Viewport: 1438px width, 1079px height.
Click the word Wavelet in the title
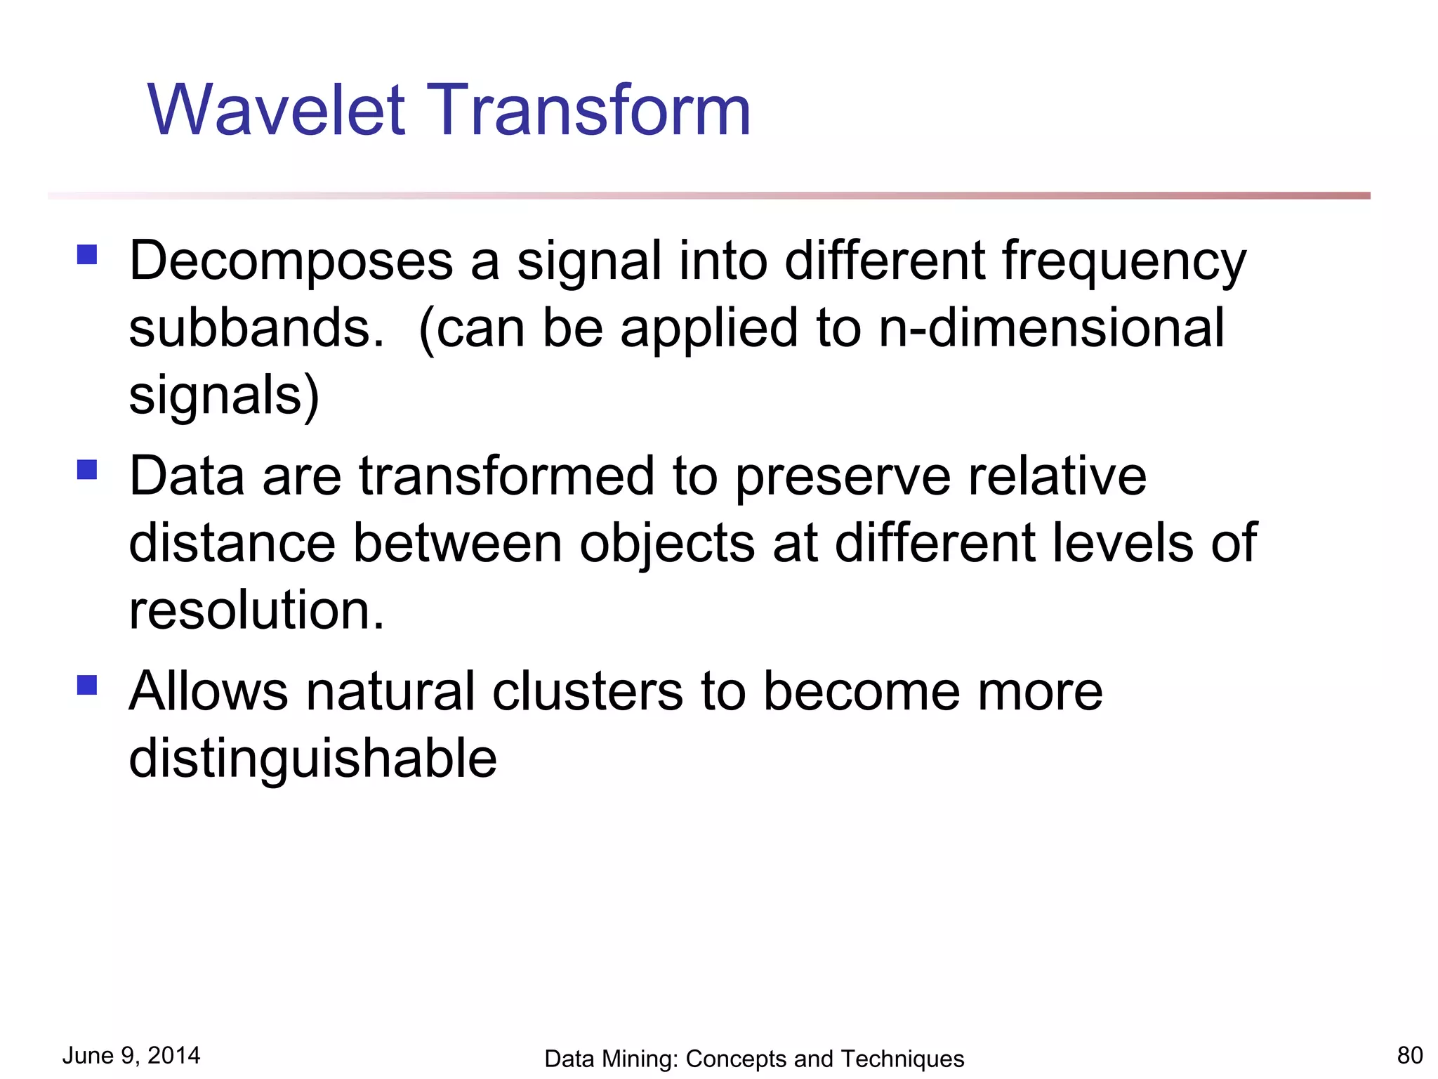(x=276, y=110)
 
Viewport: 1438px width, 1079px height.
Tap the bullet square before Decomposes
(x=87, y=254)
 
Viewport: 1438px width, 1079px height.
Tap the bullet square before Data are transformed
(x=87, y=469)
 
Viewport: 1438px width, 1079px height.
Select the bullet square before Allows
(x=87, y=685)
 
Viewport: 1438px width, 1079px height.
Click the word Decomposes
(x=291, y=261)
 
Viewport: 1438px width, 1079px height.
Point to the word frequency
(x=1123, y=261)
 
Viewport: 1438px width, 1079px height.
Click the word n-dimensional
(x=1051, y=328)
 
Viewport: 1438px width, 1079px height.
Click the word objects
(x=666, y=544)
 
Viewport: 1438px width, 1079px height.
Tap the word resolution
(x=257, y=610)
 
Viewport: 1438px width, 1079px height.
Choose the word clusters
(x=588, y=692)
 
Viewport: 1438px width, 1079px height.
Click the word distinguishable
(x=313, y=759)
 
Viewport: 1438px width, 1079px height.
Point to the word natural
(x=390, y=692)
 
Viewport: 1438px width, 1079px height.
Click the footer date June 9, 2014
(x=131, y=1056)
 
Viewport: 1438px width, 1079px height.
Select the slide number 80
(x=1410, y=1056)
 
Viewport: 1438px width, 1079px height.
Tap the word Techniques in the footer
(x=902, y=1059)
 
